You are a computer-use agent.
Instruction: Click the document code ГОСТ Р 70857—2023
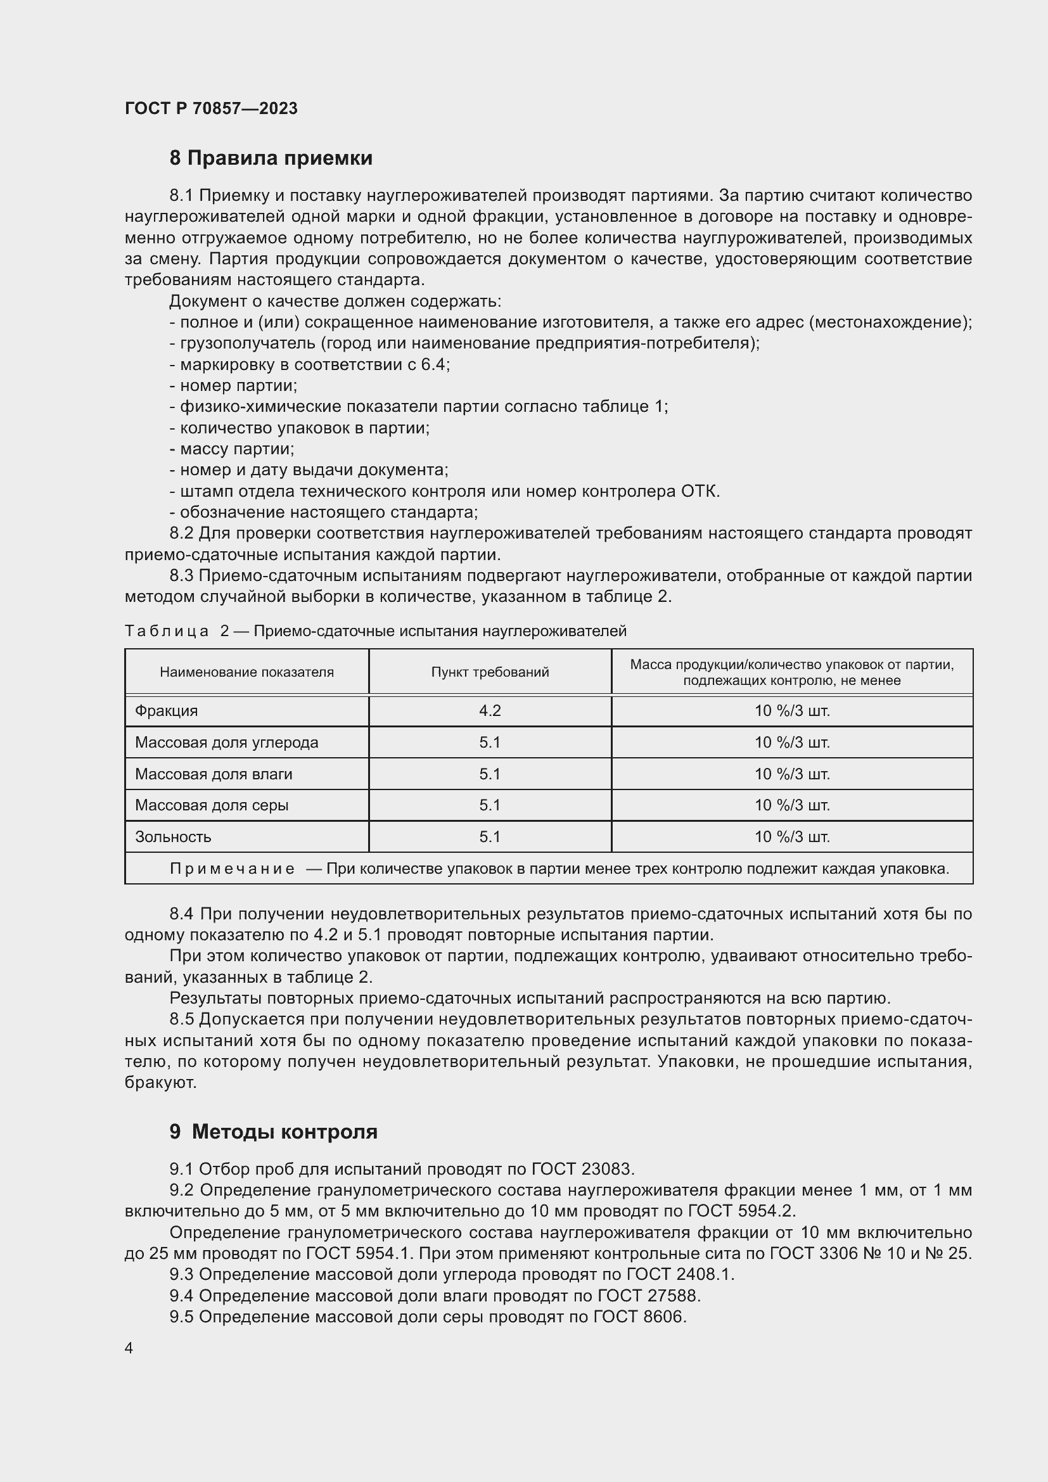coord(211,108)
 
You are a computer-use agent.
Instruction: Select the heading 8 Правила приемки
coord(271,158)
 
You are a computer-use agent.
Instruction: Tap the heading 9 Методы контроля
coord(274,1132)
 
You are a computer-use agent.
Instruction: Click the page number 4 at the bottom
coord(129,1348)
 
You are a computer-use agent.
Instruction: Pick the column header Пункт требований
coord(490,672)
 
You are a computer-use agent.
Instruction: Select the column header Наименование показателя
coord(246,672)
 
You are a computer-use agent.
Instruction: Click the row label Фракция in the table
coord(166,711)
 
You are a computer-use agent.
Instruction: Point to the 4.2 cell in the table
coord(490,711)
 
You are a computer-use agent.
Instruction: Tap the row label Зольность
coord(173,836)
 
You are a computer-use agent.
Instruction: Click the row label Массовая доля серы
coord(212,805)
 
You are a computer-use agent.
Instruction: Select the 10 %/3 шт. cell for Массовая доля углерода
coord(792,743)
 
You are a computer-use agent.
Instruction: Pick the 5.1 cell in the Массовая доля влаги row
coord(490,774)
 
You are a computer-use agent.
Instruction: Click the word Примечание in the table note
coord(233,869)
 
